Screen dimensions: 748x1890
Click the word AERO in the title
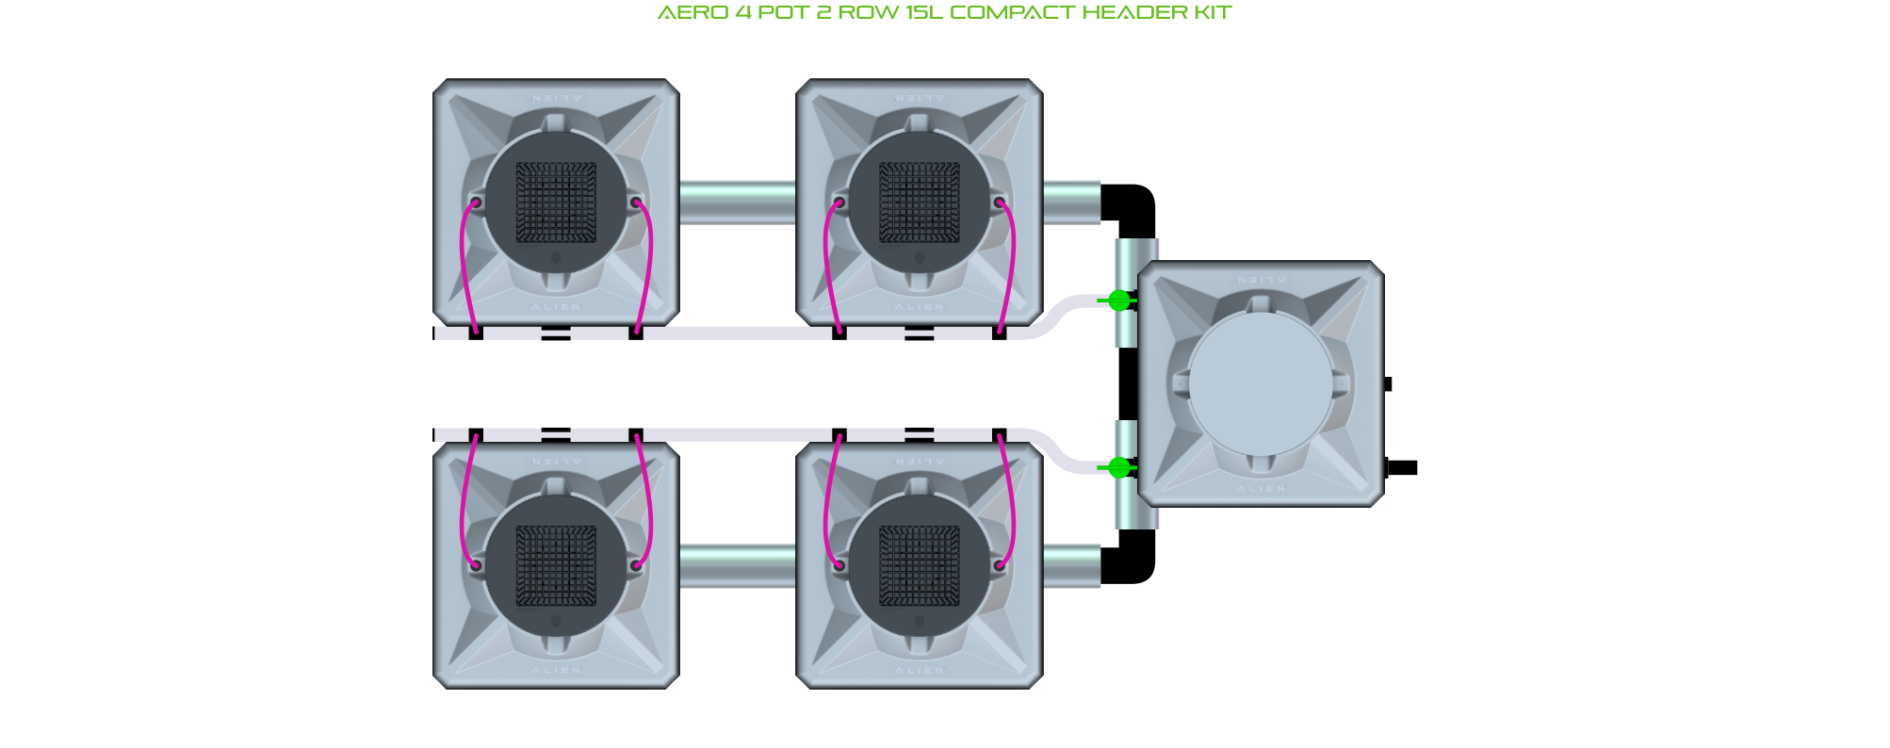(x=692, y=13)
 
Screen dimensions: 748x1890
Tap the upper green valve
(x=1118, y=301)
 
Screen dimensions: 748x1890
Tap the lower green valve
(x=1118, y=467)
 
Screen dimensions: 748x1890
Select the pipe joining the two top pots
(x=738, y=203)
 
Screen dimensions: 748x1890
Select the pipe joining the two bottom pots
(x=738, y=566)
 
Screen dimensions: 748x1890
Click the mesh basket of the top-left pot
(x=556, y=203)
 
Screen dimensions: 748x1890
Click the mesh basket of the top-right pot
(x=920, y=203)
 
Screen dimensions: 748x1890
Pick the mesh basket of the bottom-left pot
(x=556, y=565)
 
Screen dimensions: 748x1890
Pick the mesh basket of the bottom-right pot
(x=920, y=565)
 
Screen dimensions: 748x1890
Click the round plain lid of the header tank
(x=1261, y=383)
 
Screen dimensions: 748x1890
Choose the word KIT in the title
(x=1213, y=13)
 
